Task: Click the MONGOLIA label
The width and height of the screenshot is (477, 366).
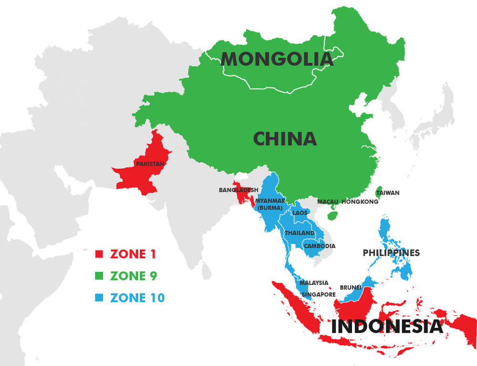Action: click(x=277, y=59)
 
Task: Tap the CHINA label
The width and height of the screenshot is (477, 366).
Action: click(x=285, y=139)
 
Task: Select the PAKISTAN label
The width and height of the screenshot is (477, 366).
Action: click(x=150, y=164)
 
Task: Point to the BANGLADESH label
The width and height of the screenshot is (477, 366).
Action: click(x=238, y=190)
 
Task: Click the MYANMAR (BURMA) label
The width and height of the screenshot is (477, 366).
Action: click(x=270, y=204)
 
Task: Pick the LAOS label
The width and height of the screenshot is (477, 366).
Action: click(x=300, y=213)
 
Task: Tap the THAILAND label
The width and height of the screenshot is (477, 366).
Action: click(x=300, y=233)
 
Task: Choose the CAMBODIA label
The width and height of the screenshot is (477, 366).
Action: click(x=319, y=246)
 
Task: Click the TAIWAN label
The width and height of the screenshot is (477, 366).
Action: click(x=387, y=193)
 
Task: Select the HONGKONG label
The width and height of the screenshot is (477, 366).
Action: click(x=360, y=202)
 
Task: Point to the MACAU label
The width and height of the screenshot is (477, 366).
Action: click(x=327, y=202)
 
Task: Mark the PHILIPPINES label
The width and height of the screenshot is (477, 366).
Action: click(x=391, y=252)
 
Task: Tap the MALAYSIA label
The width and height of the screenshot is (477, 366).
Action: click(x=314, y=283)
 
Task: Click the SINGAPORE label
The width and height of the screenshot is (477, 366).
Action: click(x=319, y=294)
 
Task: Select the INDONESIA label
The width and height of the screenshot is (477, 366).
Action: click(x=387, y=327)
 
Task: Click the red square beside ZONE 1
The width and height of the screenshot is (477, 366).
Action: click(x=99, y=254)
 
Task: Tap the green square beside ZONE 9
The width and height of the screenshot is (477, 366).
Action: click(x=99, y=276)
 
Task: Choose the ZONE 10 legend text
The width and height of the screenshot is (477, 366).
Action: click(x=137, y=298)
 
